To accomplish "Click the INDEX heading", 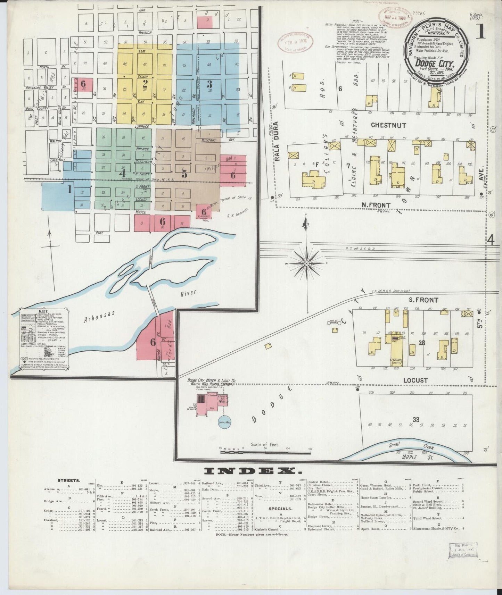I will point(253,471).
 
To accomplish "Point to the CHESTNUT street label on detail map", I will point(388,125).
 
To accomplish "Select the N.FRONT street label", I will point(376,205).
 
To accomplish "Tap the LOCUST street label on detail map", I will point(415,380).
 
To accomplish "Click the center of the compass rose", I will point(306,264).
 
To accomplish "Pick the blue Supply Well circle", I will point(225,422).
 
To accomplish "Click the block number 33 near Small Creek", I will point(416,420).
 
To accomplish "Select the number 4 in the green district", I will point(122,173).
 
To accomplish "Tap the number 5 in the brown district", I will point(184,174).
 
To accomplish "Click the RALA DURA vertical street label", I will point(277,142).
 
